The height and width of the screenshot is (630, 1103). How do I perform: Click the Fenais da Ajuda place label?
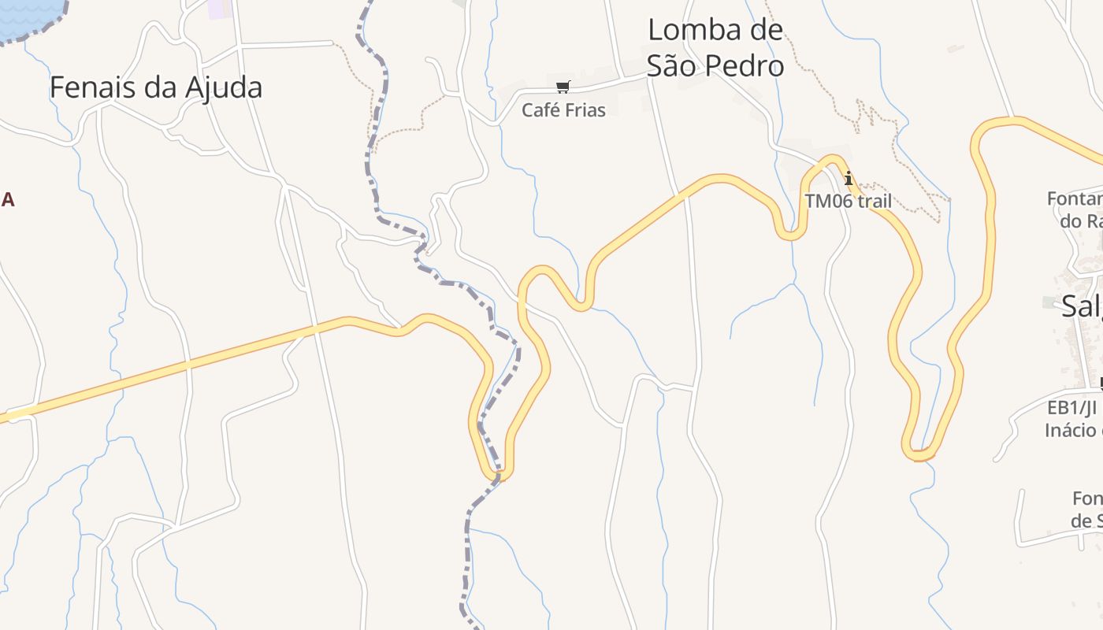pos(155,87)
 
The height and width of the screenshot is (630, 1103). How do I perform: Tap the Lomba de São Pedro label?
pos(715,48)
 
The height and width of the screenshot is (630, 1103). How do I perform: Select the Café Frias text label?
pos(563,110)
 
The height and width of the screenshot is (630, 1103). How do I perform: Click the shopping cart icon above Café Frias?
pos(563,87)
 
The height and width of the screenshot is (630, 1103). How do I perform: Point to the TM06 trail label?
pos(848,202)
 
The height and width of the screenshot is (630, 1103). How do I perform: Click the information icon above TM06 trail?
pos(849,179)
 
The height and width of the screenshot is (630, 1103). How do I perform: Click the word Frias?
pos(585,110)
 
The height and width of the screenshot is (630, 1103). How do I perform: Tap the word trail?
pos(874,202)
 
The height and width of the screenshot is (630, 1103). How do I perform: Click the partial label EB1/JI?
pos(1073,408)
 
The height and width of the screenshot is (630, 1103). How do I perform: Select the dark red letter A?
pos(8,200)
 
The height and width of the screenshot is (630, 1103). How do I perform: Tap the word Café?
pos(541,110)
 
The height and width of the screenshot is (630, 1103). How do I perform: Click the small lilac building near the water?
pos(221,9)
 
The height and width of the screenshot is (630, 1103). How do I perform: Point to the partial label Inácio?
pos(1073,430)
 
